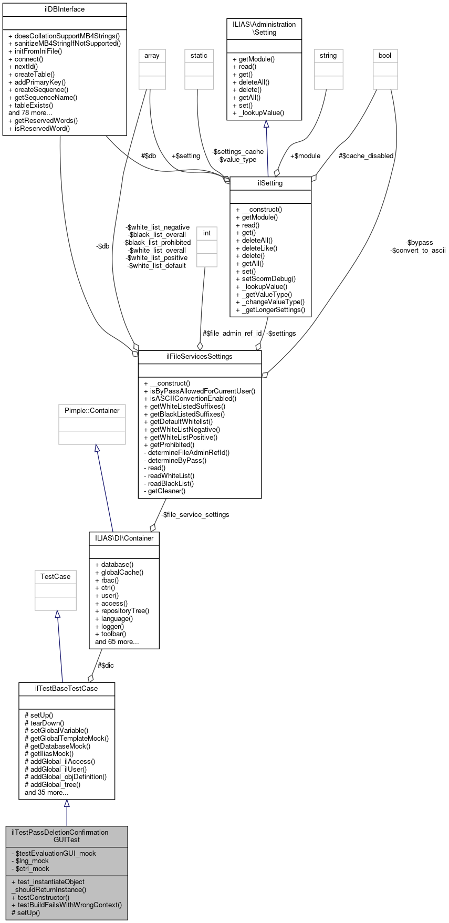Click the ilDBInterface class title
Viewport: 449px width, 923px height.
pos(65,9)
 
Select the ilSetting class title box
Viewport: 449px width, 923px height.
pos(270,183)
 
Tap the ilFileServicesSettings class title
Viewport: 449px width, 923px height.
pos(200,356)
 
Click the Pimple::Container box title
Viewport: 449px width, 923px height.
pos(92,410)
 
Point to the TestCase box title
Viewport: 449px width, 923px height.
pos(56,576)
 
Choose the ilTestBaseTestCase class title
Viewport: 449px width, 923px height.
pos(66,688)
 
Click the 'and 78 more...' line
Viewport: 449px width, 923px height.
pos(30,112)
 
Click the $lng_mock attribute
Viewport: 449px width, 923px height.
pos(30,860)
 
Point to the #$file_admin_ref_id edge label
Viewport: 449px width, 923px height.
pos(232,333)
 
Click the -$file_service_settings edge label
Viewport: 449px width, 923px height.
pos(195,514)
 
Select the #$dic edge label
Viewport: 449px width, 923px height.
pos(106,665)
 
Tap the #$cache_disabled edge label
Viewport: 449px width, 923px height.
pos(366,155)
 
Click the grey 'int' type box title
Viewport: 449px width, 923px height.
pos(207,233)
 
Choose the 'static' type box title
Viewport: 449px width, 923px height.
pos(199,55)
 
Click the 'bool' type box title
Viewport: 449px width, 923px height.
pos(385,55)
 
